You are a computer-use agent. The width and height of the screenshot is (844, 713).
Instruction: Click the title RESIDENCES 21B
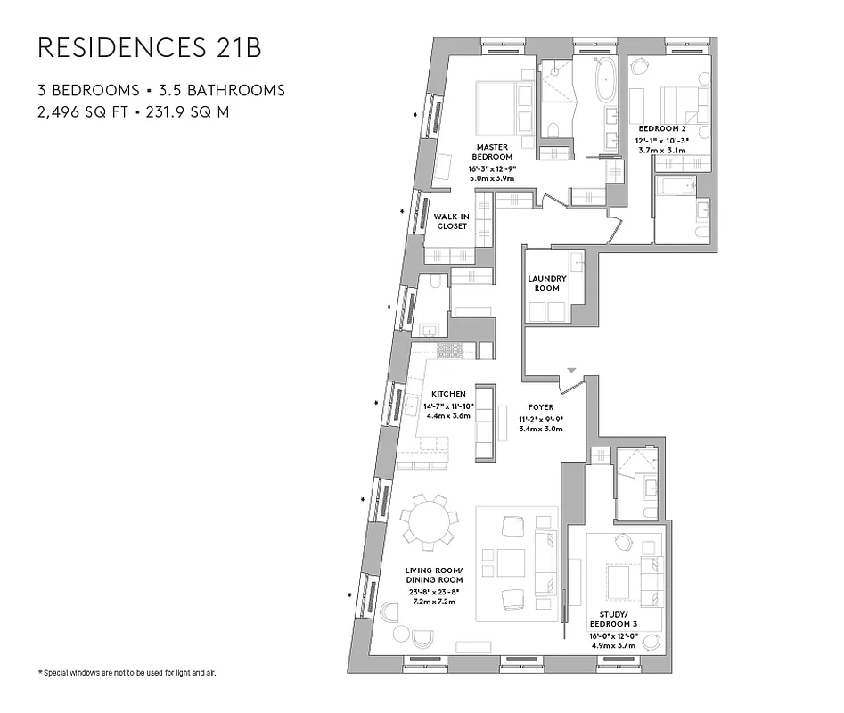click(x=149, y=49)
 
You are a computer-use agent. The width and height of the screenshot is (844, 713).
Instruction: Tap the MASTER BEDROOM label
click(x=492, y=152)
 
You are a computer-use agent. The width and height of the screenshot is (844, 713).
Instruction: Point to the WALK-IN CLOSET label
click(x=451, y=221)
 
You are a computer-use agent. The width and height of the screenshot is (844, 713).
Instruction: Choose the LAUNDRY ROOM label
click(x=547, y=283)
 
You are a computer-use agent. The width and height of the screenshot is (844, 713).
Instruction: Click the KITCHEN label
click(x=448, y=394)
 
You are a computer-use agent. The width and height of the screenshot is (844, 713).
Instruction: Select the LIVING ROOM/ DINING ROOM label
click(x=434, y=575)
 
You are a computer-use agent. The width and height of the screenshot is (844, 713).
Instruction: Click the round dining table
click(x=427, y=519)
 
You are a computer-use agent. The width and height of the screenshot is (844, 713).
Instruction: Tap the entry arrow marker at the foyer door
click(x=572, y=370)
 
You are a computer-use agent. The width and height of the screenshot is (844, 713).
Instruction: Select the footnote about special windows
click(x=127, y=672)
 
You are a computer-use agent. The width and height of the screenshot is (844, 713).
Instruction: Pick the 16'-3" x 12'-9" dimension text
click(x=492, y=168)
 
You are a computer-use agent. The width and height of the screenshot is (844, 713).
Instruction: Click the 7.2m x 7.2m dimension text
click(x=434, y=602)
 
